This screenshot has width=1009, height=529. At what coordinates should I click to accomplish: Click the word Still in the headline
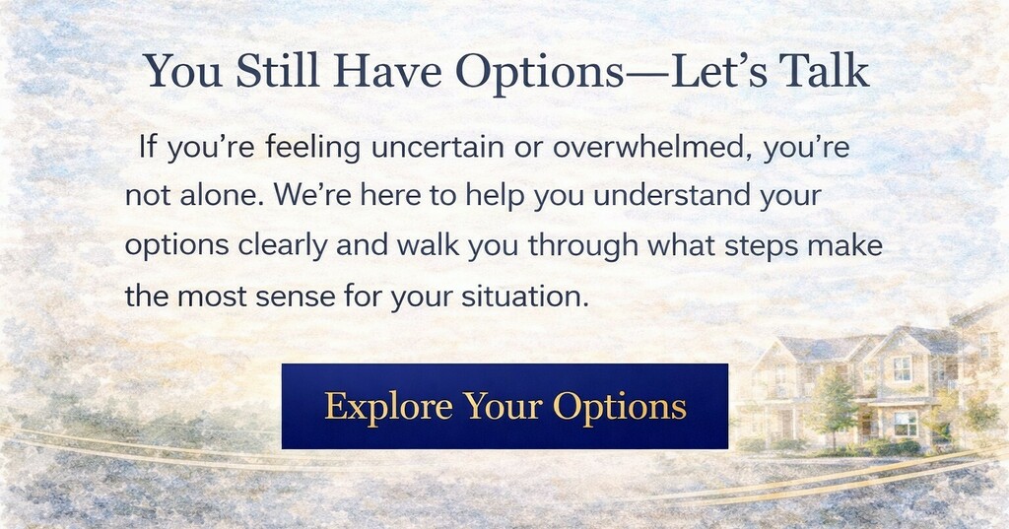pos(277,71)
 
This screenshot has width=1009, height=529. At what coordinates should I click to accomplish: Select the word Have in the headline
pos(387,71)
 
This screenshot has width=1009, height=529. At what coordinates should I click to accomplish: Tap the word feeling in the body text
pos(312,148)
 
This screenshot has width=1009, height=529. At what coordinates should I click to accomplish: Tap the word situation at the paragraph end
pos(525,297)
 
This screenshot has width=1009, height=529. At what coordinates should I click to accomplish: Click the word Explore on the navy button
pos(388,407)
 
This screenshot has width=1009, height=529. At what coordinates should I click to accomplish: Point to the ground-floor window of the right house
pos(905,423)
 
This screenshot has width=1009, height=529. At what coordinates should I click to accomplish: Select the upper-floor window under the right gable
pos(903,368)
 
